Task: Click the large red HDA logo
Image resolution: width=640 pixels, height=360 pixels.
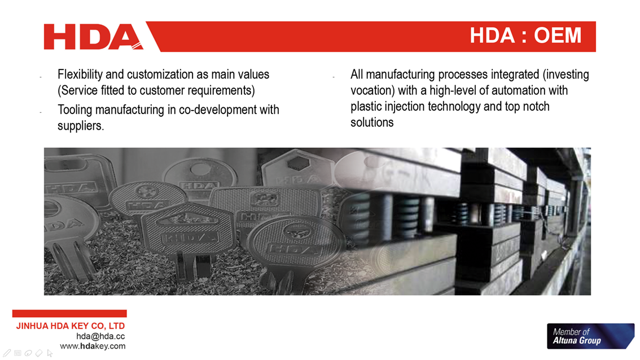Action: [94, 37]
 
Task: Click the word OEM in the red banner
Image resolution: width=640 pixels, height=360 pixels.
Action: [558, 36]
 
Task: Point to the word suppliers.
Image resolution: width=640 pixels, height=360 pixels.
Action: [81, 126]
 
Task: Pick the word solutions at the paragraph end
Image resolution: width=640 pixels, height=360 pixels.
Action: [372, 122]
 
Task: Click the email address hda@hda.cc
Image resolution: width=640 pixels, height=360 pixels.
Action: [100, 336]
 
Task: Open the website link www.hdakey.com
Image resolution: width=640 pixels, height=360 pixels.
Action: [93, 346]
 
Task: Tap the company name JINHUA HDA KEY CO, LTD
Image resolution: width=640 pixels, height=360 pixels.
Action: [70, 326]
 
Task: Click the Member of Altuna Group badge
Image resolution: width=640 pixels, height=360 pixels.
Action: [590, 336]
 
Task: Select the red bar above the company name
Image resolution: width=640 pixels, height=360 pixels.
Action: [69, 314]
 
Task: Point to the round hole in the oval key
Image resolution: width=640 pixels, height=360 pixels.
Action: [200, 169]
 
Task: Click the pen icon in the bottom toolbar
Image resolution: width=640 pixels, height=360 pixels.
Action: [7, 353]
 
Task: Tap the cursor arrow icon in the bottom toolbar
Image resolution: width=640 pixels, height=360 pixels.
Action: [50, 353]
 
